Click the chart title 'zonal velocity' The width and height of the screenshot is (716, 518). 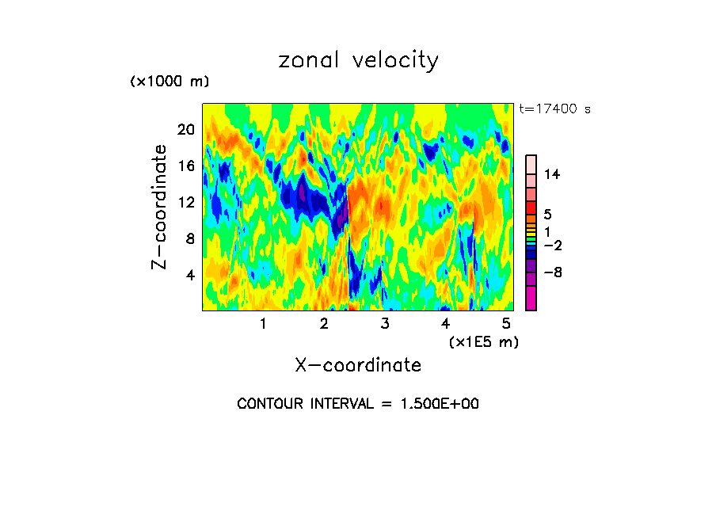[358, 60]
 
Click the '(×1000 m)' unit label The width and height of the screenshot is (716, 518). [169, 82]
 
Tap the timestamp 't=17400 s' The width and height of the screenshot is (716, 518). [554, 109]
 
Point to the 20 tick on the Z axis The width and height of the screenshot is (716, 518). [185, 129]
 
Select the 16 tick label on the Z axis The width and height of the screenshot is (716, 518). [185, 166]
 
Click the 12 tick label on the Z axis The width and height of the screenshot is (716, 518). [185, 202]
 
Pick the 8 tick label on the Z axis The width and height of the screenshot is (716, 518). [189, 238]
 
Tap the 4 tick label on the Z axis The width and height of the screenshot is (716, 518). [189, 275]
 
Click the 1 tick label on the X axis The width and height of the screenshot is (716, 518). [263, 323]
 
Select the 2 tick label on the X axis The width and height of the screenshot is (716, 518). [324, 323]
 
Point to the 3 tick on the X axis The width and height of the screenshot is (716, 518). [385, 323]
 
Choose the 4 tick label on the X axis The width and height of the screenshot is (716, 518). [446, 323]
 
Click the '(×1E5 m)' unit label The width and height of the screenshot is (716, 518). [483, 341]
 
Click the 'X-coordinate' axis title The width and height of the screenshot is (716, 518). [358, 365]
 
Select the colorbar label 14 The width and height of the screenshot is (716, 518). [552, 175]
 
